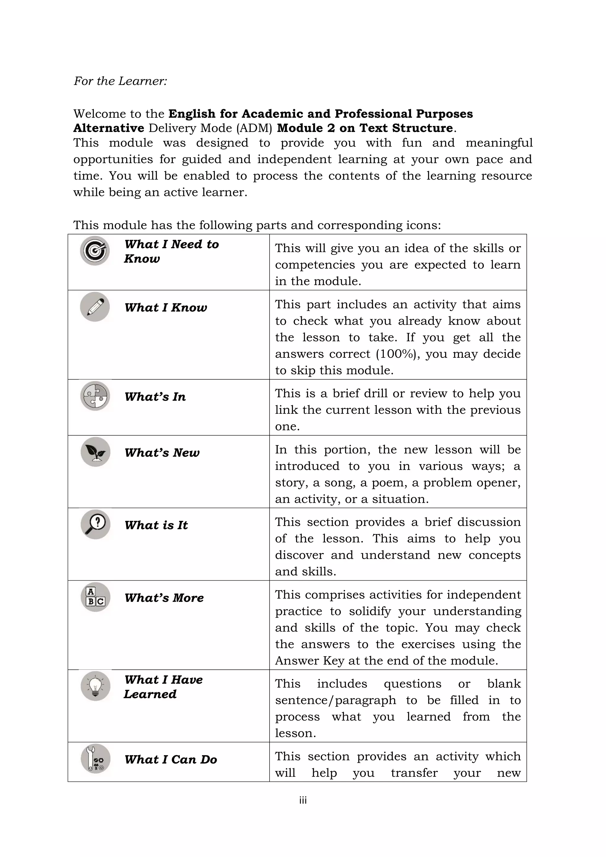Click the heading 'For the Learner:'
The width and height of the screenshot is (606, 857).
pos(120,81)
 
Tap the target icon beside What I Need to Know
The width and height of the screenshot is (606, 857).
pos(95,250)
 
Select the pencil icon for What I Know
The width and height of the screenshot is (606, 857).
pos(95,307)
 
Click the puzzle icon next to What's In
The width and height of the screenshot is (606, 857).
pos(95,396)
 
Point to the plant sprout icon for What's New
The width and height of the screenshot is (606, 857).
pos(95,452)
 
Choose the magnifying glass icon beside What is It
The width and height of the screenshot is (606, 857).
pos(95,524)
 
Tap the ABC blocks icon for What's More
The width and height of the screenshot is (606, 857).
pos(95,597)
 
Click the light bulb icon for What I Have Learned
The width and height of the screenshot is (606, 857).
pos(95,686)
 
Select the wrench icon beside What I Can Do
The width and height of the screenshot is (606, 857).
pos(95,758)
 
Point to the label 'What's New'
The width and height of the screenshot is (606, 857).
pos(162,453)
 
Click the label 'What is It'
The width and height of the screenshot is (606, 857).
pos(156,525)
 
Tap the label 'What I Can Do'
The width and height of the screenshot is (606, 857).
pos(170,760)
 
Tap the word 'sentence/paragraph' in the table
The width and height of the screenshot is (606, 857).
pos(336,700)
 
